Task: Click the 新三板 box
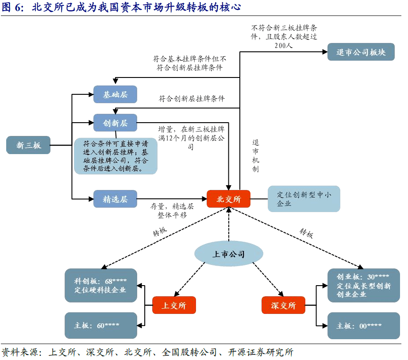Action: click(28, 145)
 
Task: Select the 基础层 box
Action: click(115, 94)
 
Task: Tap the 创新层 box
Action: click(115, 123)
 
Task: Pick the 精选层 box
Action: click(115, 199)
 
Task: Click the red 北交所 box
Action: click(228, 199)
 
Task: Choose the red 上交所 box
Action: click(174, 305)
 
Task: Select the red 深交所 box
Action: click(283, 305)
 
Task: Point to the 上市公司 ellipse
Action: click(229, 254)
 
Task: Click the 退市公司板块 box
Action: click(361, 52)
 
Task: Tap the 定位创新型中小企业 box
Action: click(304, 199)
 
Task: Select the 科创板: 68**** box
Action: click(101, 285)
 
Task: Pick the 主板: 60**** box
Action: click(101, 325)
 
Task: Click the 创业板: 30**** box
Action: click(363, 285)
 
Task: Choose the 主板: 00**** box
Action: click(363, 325)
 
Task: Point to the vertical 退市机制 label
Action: click(255, 156)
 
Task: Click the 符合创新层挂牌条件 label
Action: click(192, 99)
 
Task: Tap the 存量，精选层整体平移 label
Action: click(172, 211)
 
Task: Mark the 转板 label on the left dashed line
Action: click(159, 232)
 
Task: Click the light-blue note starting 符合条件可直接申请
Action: click(115, 156)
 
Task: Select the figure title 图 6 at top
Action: click(121, 7)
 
